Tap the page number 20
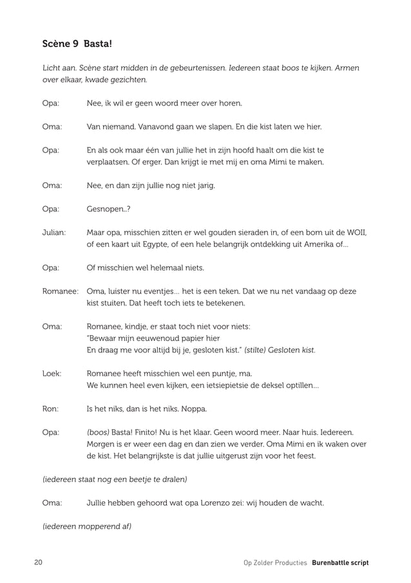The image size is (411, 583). coord(38,562)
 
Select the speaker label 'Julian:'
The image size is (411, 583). coord(54,233)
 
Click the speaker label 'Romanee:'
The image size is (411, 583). coord(60,291)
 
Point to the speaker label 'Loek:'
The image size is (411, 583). coord(52,373)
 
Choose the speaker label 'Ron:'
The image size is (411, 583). coord(50,408)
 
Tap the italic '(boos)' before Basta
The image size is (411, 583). coord(98,432)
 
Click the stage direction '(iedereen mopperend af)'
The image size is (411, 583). coord(86,526)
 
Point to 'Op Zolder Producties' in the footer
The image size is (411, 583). coord(275,562)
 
